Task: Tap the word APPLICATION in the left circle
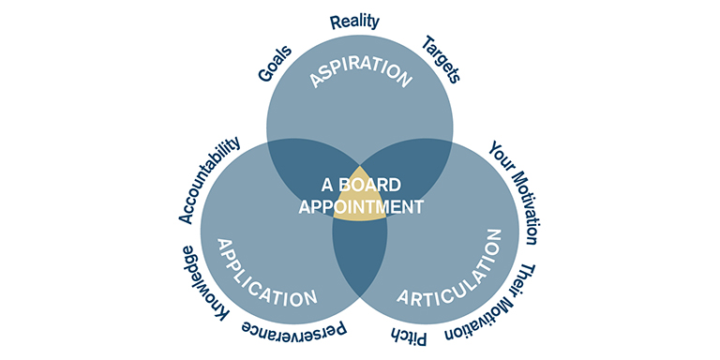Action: [265, 272]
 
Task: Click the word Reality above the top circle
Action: [354, 22]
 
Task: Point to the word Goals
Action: [275, 63]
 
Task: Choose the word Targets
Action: [442, 59]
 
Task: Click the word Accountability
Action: [210, 180]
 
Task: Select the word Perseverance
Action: [294, 331]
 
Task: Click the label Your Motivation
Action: [514, 192]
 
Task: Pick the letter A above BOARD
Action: [329, 186]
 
